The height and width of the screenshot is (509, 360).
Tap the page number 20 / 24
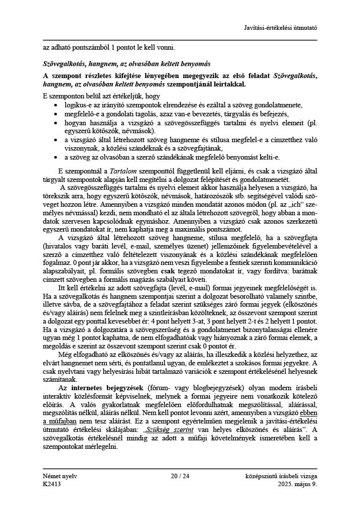coord(180,476)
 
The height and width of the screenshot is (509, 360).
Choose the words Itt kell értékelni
coord(84,288)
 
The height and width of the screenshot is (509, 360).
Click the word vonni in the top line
coord(166,48)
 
